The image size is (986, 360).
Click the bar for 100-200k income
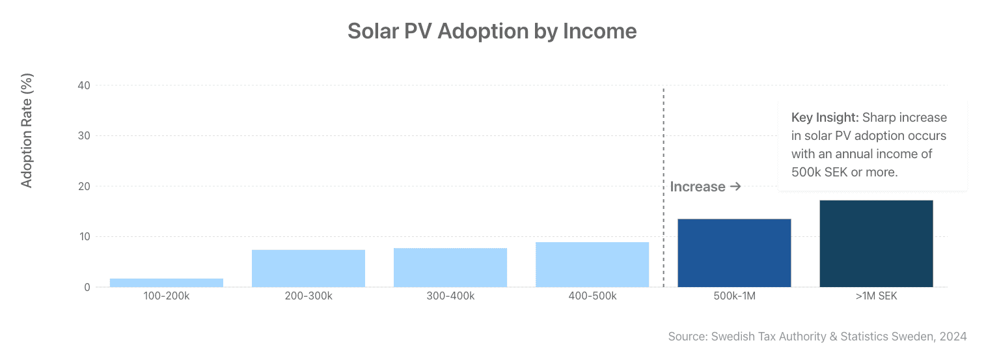167,283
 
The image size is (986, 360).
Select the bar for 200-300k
308,268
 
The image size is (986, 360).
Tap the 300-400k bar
450,268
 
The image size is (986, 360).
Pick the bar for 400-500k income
592,264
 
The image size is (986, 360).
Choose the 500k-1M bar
734,253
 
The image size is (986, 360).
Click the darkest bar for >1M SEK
877,244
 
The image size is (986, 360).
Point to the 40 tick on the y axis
84,85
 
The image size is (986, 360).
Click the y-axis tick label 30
84,135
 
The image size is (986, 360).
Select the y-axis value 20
84,186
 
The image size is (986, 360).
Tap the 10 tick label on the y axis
85,237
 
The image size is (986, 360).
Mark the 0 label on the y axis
87,287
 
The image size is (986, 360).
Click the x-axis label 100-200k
167,296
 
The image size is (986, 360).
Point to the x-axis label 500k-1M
734,296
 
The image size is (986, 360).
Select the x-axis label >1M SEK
877,296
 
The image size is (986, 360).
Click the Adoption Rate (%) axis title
27,131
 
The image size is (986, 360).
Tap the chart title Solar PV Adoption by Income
492,31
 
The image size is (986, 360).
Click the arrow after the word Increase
735,187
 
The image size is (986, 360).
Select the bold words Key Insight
825,118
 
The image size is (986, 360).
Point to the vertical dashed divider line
664,187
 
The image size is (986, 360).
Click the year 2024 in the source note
953,337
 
